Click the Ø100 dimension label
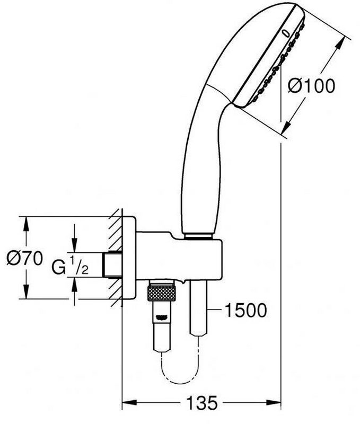pos(311,86)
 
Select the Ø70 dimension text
pos(24,258)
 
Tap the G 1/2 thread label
pos(70,266)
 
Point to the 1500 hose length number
pos(245,310)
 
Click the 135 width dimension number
pos(203,403)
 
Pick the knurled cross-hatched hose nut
pos(162,293)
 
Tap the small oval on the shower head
pos(286,33)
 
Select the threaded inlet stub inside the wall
pos(112,264)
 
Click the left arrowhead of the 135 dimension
pos(129,403)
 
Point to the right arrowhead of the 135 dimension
pos(275,403)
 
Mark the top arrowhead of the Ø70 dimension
pos(26,224)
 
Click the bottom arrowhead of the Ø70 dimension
pos(26,292)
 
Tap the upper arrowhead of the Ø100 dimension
pos(340,43)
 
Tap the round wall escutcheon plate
pos(129,258)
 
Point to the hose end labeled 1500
pos(199,308)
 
